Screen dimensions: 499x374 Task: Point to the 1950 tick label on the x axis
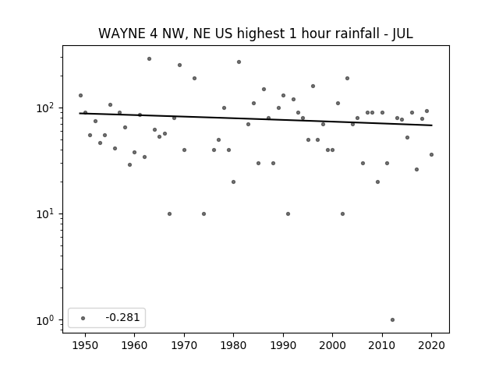click(85, 345)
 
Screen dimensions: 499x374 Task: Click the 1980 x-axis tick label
click(233, 345)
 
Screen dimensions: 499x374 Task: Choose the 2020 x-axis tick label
click(431, 345)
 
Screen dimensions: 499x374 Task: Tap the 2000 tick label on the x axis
click(333, 345)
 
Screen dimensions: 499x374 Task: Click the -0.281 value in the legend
click(122, 317)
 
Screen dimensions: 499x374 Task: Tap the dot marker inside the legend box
click(83, 318)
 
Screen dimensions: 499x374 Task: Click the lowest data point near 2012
click(392, 320)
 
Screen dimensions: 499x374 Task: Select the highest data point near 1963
click(149, 59)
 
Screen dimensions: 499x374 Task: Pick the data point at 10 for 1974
click(203, 213)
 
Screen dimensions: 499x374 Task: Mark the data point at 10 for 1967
click(169, 213)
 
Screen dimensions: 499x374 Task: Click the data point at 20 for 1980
click(233, 182)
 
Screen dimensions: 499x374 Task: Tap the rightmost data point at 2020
click(431, 154)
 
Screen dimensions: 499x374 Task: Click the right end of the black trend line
click(432, 125)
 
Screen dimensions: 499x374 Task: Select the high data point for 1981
click(239, 62)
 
